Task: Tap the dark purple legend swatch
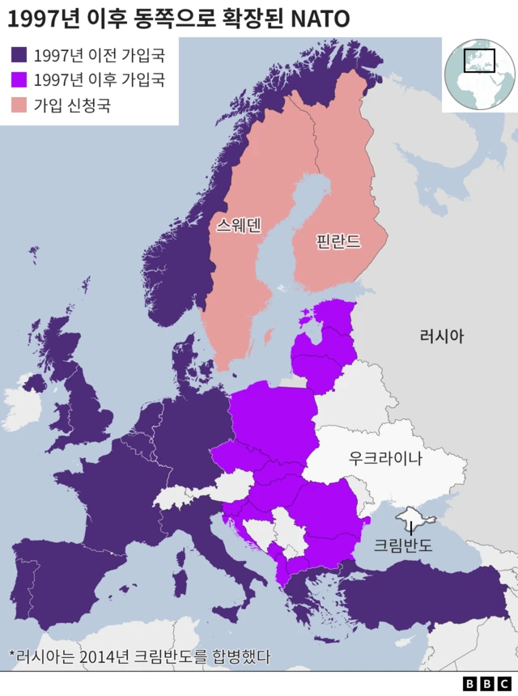[x=19, y=55]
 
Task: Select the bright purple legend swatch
[x=19, y=79]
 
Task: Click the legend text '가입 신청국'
[x=72, y=104]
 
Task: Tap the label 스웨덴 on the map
[x=239, y=225]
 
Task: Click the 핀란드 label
[x=338, y=240]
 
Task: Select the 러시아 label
[x=442, y=336]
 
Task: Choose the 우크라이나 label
[x=385, y=458]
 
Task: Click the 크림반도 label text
[x=403, y=545]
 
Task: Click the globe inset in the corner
[x=479, y=73]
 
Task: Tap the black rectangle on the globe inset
[x=478, y=61]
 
